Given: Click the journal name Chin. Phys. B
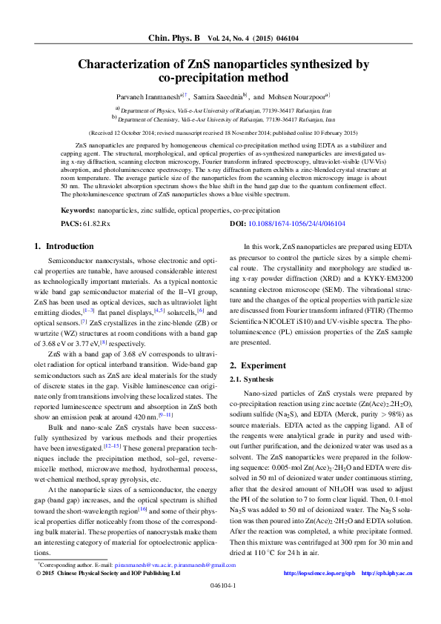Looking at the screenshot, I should tap(174, 36).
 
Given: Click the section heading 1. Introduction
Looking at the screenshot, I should tap(64, 245).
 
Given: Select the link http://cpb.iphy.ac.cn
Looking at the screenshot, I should tap(385, 594).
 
